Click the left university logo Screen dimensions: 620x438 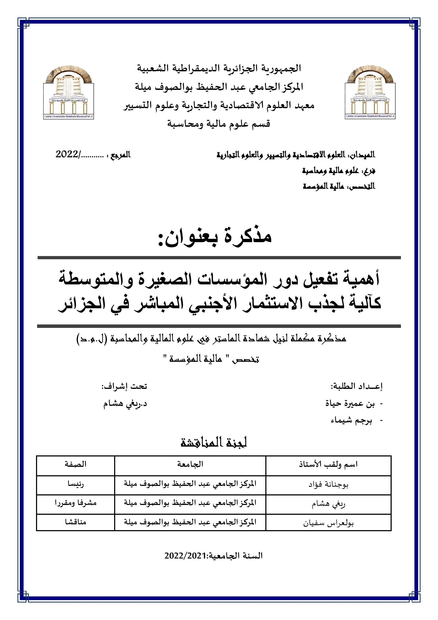69,92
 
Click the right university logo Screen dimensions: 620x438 370,92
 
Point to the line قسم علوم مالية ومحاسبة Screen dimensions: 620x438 219,124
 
